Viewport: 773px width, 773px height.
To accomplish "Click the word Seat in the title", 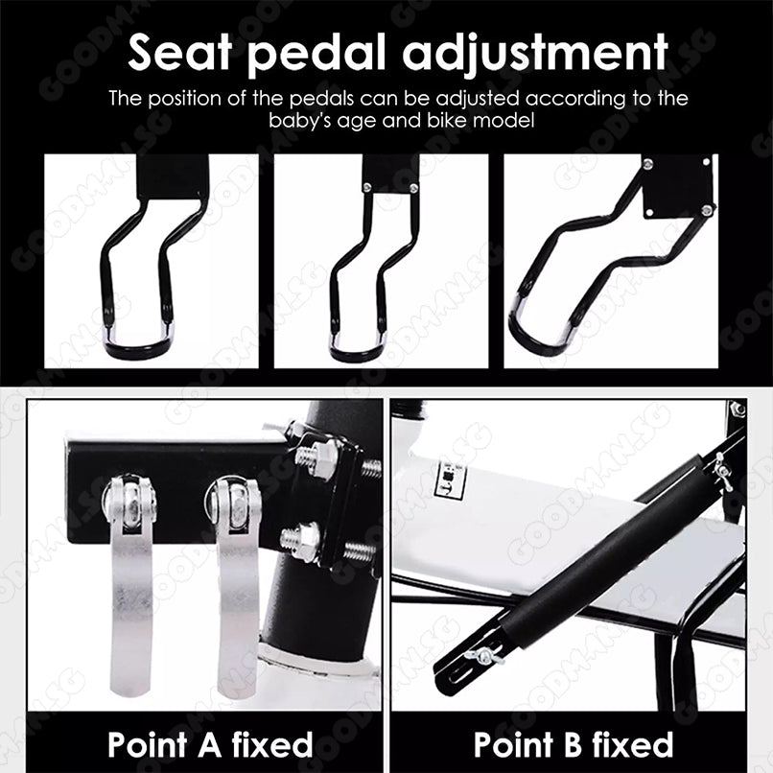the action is (x=180, y=52).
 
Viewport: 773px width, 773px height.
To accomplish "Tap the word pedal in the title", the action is (x=316, y=55).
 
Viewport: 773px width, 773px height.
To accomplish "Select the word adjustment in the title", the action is (x=535, y=55).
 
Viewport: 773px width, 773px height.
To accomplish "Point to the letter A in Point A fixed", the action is (x=209, y=744).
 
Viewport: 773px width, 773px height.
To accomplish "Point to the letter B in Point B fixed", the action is (x=572, y=744).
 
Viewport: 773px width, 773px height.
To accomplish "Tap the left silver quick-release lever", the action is (x=129, y=581).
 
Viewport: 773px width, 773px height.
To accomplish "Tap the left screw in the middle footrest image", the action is (x=367, y=187).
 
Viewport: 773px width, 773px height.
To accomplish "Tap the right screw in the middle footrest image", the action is (x=413, y=187).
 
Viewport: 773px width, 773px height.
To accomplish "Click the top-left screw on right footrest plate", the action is (x=647, y=164).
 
